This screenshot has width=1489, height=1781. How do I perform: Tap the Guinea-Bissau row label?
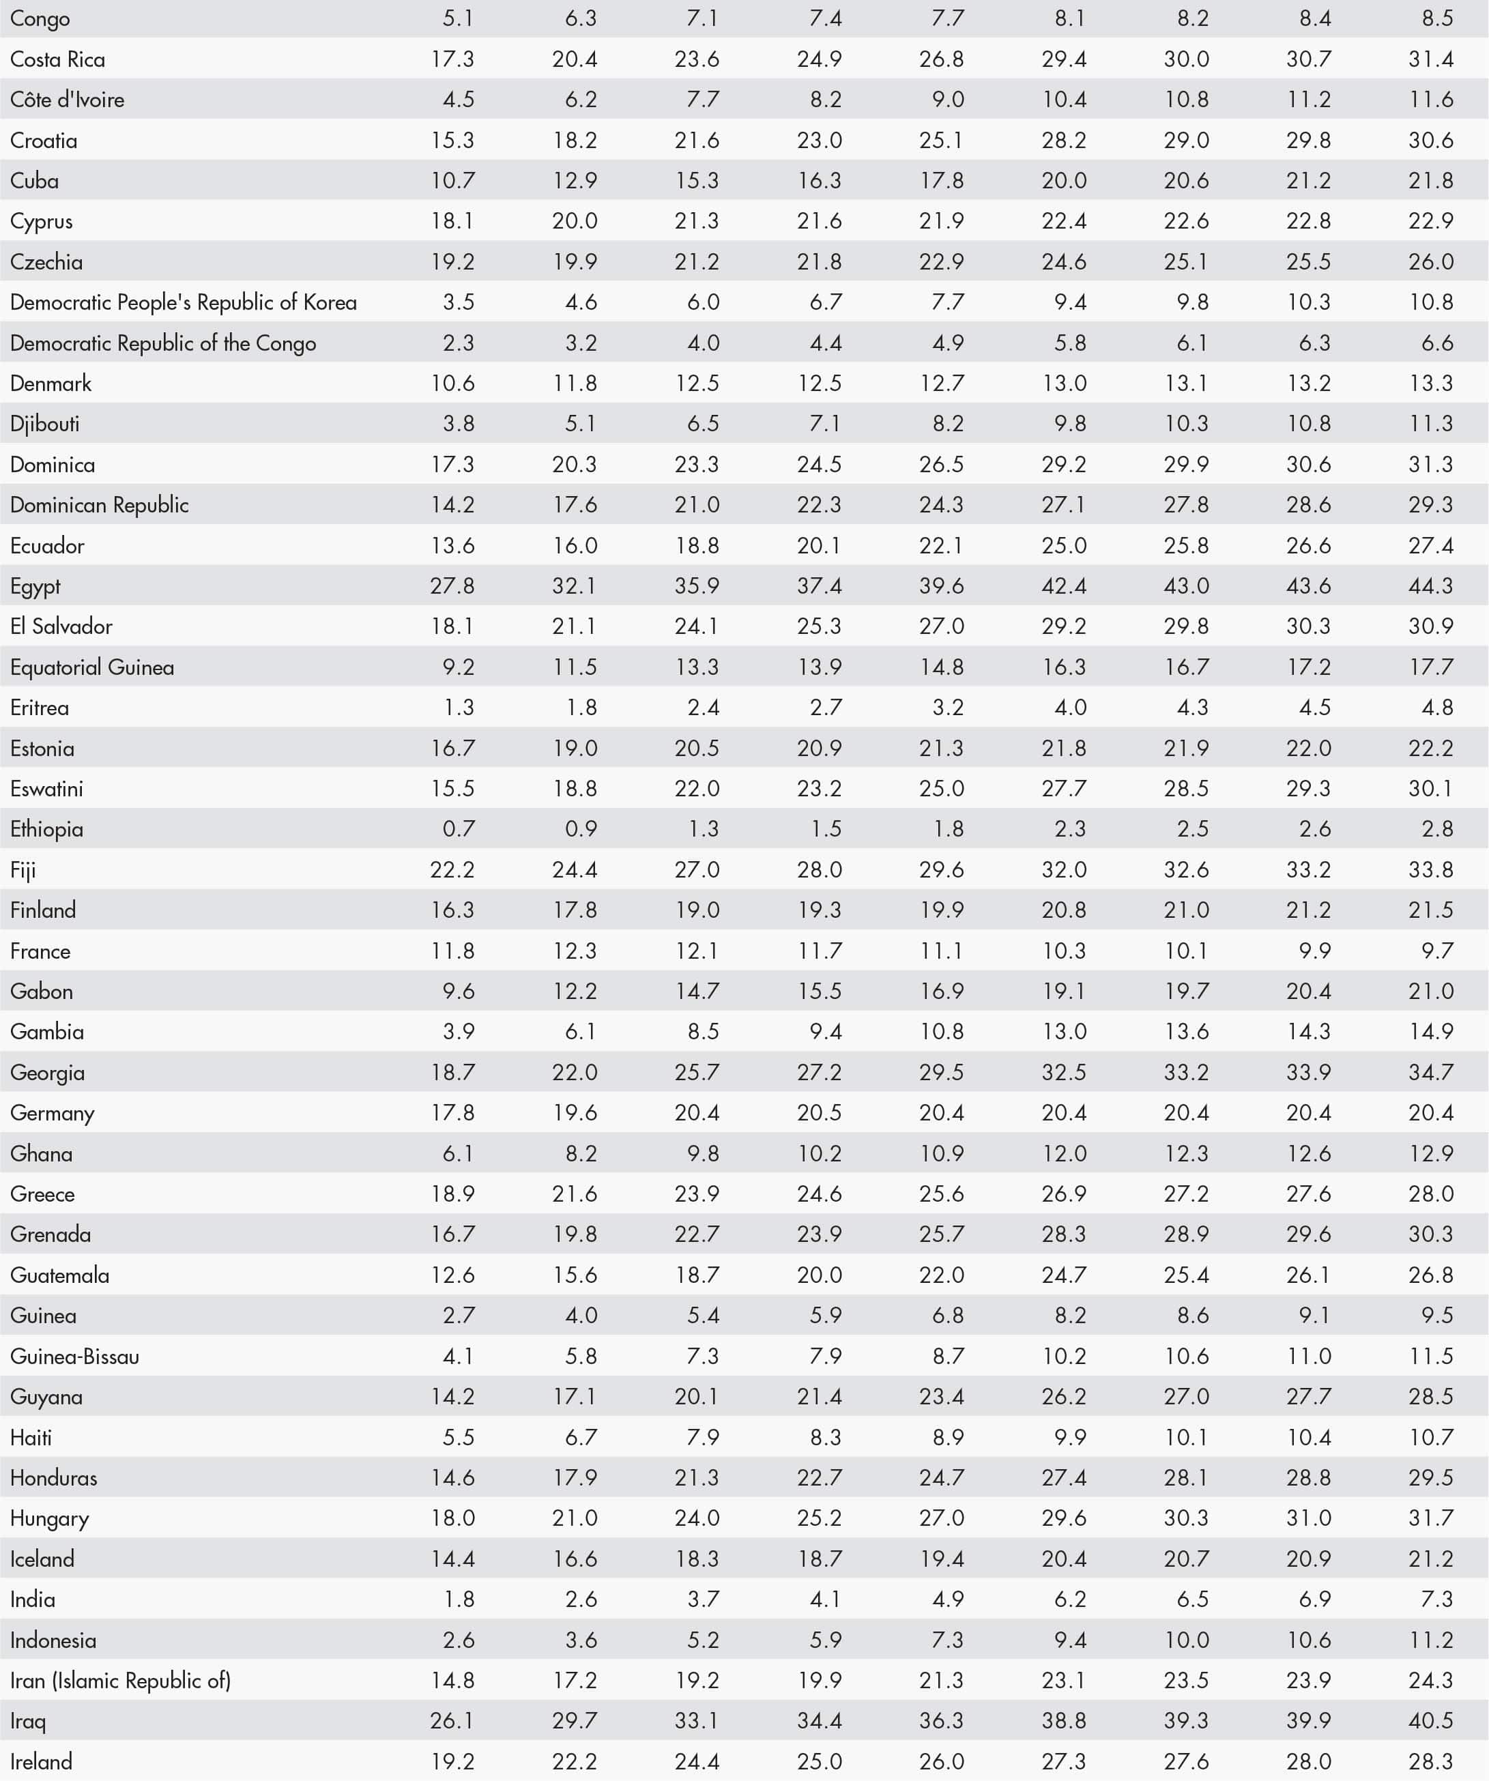(x=74, y=1356)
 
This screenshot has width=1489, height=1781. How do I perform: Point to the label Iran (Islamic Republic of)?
(x=120, y=1680)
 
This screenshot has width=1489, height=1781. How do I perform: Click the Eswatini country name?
(x=46, y=789)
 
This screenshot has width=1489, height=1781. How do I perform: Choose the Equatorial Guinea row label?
(x=91, y=667)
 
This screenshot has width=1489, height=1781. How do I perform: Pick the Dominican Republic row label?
(x=99, y=506)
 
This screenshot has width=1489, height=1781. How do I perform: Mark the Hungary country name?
(x=49, y=1518)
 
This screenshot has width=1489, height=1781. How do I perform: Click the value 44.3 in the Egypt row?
(x=1430, y=586)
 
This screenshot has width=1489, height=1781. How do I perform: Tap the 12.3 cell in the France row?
(x=574, y=951)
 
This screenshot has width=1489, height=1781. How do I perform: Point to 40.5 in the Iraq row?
(x=1430, y=1721)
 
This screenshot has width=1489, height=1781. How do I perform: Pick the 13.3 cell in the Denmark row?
(x=1430, y=383)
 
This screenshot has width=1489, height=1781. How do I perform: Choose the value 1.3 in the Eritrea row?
(x=458, y=708)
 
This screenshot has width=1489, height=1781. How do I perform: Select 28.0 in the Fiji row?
(x=818, y=869)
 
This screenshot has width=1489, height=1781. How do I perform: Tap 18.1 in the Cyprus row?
(x=452, y=221)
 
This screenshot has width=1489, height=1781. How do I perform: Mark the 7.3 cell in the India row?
(x=1436, y=1599)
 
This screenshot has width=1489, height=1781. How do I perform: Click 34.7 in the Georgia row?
(x=1430, y=1072)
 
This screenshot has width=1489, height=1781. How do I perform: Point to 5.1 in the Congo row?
(x=458, y=18)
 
